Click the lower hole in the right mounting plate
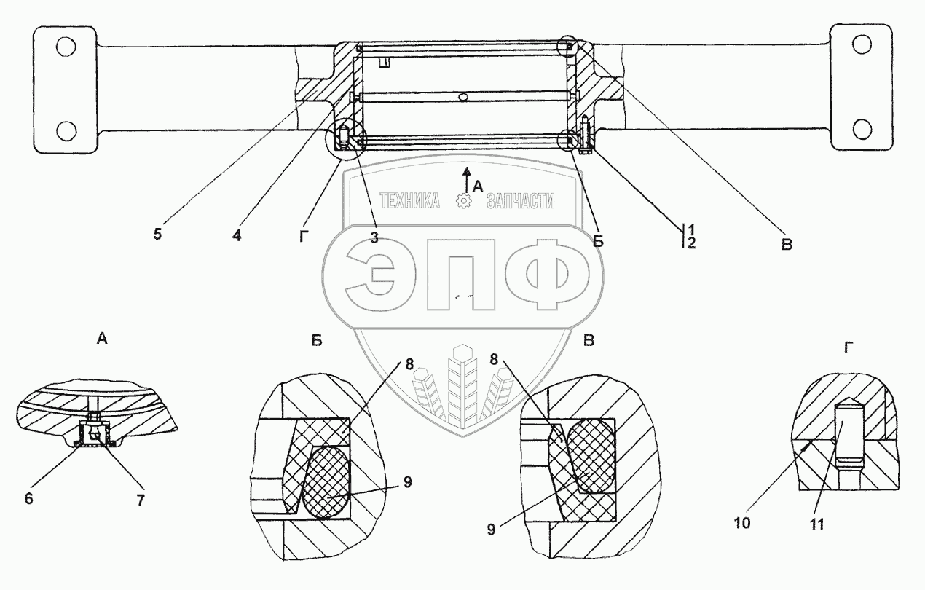point(862,130)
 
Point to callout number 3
point(374,238)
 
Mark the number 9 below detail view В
point(491,530)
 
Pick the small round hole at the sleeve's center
point(462,95)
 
